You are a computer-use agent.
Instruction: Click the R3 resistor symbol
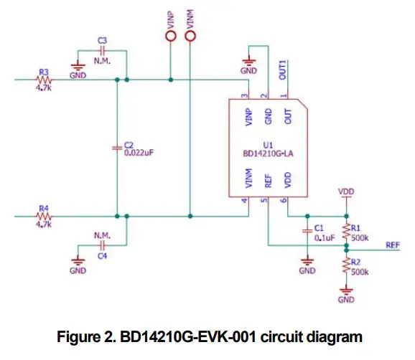coord(43,80)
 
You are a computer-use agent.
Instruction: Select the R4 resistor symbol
coord(43,214)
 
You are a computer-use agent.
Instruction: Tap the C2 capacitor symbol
coord(118,147)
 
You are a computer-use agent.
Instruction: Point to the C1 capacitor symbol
coord(307,231)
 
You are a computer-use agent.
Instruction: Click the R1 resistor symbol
coord(347,229)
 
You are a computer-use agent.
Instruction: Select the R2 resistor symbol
coord(347,265)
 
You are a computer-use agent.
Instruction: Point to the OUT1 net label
coord(284,70)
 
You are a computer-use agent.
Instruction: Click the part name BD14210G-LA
coord(269,152)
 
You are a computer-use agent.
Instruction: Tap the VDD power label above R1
coord(347,192)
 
